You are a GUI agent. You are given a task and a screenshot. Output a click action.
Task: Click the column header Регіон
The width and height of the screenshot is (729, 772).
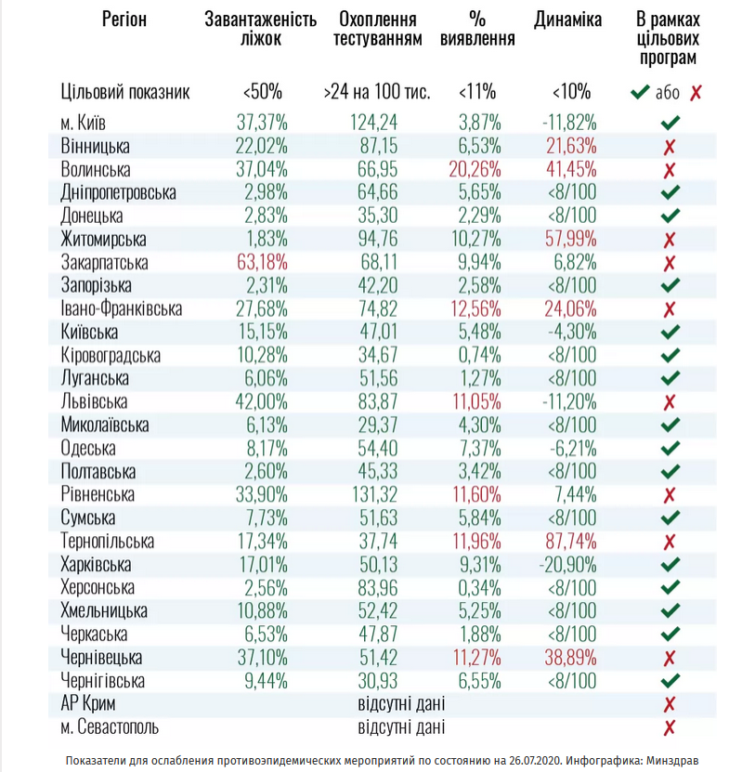tap(124, 19)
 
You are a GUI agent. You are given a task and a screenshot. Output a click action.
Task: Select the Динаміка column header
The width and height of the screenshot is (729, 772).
tap(567, 19)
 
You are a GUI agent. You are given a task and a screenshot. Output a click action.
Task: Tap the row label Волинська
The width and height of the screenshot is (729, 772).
tap(96, 170)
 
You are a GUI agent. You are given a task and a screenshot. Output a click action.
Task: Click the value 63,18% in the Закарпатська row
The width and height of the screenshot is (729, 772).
tap(261, 263)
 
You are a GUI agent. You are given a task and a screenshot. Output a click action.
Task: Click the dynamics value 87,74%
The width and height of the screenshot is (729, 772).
tap(567, 542)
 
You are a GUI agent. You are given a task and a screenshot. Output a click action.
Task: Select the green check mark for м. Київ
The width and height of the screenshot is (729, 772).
tap(670, 123)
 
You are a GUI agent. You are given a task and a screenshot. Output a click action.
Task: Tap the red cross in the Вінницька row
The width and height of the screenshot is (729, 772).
tap(670, 147)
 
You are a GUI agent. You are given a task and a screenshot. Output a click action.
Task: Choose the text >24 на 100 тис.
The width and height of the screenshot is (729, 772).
tap(376, 92)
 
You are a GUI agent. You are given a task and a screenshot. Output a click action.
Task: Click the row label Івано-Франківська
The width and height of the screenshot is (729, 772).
tap(121, 309)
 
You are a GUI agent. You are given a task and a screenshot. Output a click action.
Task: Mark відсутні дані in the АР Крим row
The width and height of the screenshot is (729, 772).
tap(401, 704)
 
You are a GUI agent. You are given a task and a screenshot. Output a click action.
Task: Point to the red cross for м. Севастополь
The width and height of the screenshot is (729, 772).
tap(670, 727)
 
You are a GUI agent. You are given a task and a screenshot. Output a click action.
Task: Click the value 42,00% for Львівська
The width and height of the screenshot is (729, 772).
tap(261, 402)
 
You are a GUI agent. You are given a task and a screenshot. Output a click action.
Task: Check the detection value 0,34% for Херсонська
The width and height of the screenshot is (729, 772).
tap(479, 588)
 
